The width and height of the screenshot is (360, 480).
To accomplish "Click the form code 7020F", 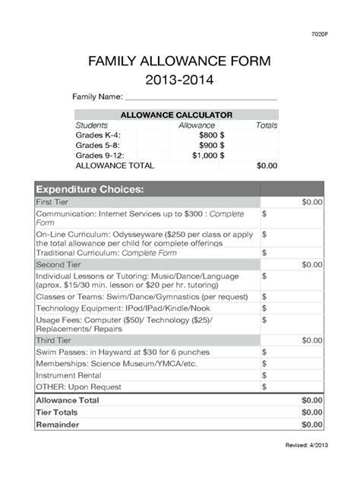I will (x=319, y=35).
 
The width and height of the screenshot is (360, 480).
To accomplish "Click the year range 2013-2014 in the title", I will (x=179, y=78).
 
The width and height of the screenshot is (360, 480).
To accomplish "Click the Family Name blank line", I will (x=201, y=99).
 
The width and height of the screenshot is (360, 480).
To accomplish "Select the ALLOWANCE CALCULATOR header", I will (x=176, y=115).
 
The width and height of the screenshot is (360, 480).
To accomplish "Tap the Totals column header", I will (x=266, y=125).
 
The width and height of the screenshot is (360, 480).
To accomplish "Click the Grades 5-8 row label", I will (x=96, y=144).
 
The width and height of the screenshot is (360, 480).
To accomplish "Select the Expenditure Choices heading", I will (x=90, y=188).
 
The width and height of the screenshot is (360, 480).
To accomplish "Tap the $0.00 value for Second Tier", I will (x=311, y=264).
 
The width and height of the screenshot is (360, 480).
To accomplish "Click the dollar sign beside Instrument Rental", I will (x=264, y=374).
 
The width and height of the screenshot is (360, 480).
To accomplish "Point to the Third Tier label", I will (x=54, y=340).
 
